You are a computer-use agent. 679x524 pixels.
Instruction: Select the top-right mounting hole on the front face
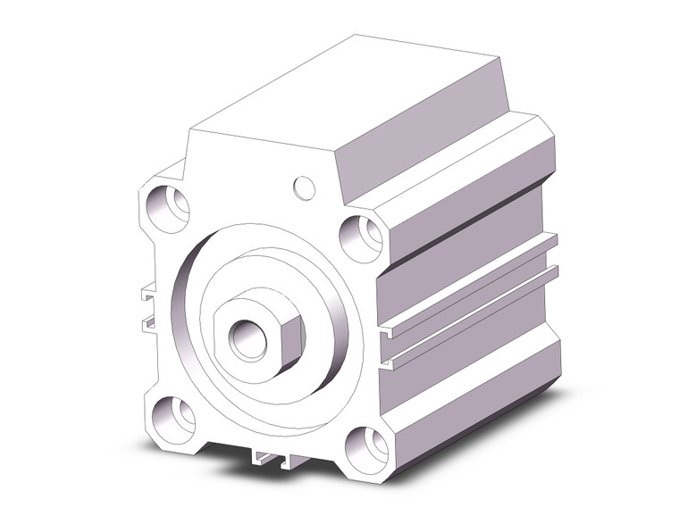tap(363, 237)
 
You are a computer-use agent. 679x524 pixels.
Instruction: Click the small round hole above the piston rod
tap(304, 187)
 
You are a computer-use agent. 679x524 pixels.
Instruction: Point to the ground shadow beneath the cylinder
tap(536, 420)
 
